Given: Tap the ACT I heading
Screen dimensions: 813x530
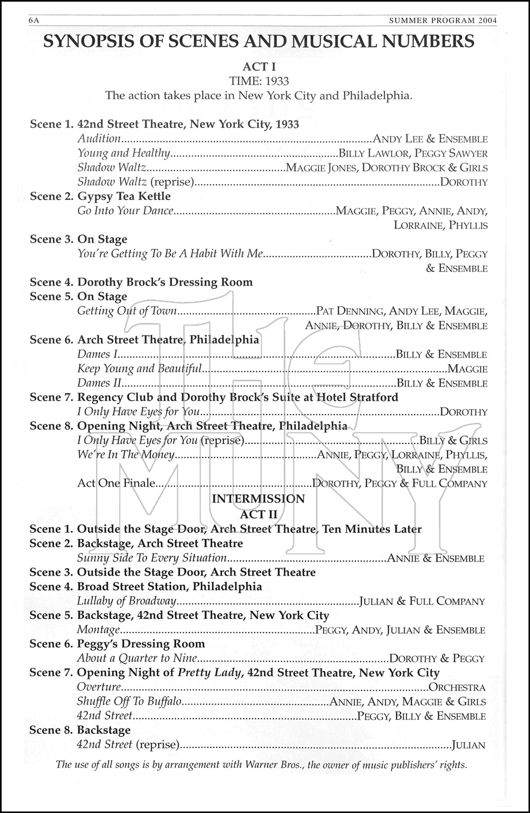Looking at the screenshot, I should [x=259, y=67].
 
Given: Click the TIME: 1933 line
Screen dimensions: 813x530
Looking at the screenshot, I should [x=259, y=81].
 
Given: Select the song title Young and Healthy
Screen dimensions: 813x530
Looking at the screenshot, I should [x=124, y=153].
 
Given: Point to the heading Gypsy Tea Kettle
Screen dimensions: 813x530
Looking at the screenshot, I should [x=124, y=196].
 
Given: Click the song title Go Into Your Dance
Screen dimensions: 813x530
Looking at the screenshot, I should [x=125, y=211].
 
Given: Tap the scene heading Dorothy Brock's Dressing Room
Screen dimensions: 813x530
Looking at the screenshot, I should [x=165, y=282].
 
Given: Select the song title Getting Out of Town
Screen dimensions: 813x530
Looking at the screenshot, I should [x=127, y=311].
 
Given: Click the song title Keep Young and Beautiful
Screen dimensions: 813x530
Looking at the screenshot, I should [x=139, y=369].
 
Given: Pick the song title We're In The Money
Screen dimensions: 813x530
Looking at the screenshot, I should [x=126, y=455].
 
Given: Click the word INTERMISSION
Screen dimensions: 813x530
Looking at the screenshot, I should [x=258, y=499].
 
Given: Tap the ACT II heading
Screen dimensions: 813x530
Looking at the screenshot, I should [x=259, y=514].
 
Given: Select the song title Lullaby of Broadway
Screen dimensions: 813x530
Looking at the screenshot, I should [x=127, y=601].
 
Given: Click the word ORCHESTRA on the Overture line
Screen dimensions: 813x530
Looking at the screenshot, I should [x=457, y=687].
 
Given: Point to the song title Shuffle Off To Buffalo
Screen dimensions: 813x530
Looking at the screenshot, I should [x=129, y=702].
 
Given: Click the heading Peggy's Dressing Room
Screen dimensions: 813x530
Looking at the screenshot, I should [x=141, y=644].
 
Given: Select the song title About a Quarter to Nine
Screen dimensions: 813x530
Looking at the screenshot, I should [x=137, y=659].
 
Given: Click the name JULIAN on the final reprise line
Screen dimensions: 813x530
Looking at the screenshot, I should [x=468, y=745].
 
